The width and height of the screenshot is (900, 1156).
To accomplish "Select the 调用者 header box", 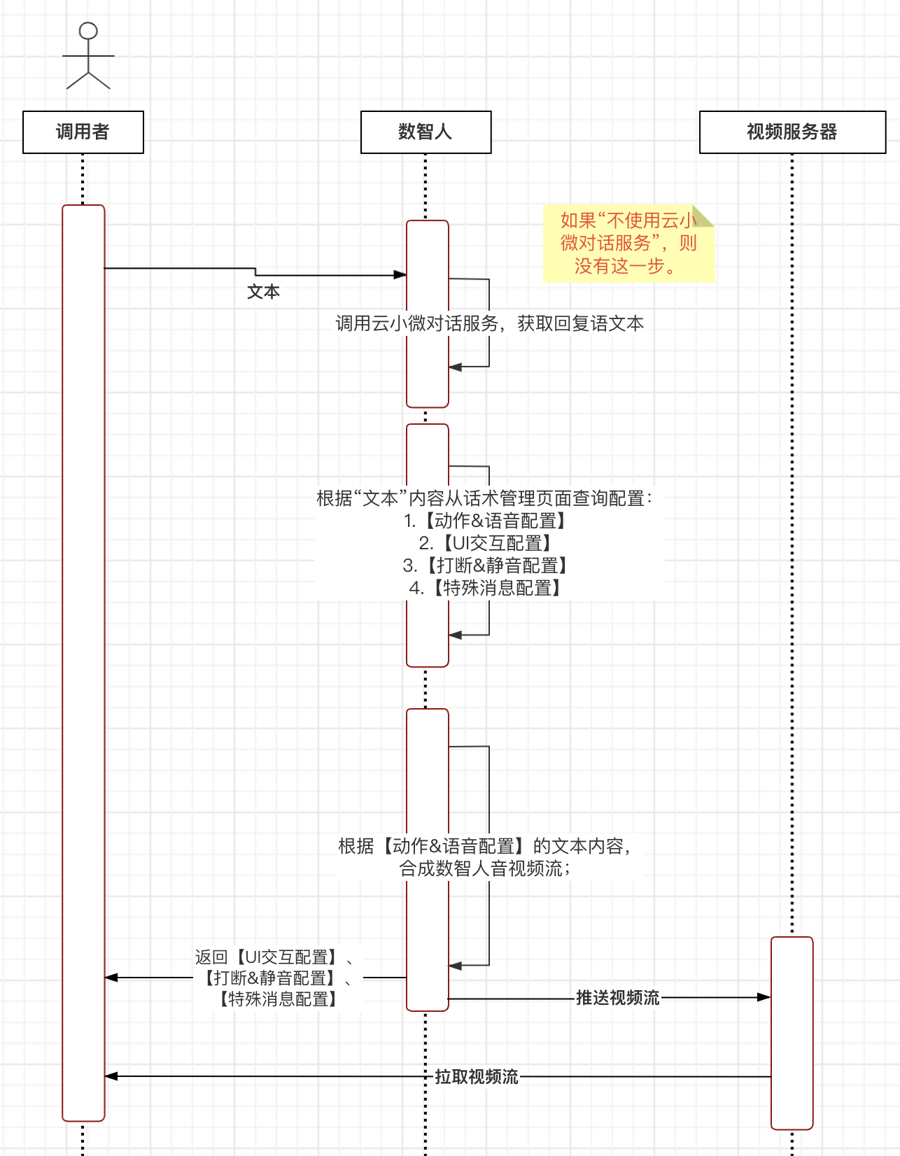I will [x=83, y=132].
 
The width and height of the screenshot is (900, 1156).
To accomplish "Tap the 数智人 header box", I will [x=426, y=132].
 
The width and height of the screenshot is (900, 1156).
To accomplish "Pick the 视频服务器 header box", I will [x=792, y=132].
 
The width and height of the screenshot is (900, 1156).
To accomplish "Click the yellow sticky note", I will [x=628, y=244].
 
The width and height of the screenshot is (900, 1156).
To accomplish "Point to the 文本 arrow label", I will [x=263, y=292].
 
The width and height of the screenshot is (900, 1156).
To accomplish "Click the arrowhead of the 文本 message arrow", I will [x=400, y=275].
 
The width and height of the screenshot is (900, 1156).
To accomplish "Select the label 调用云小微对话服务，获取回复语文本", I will [x=489, y=323].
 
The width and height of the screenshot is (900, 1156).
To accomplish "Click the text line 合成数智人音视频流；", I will [x=484, y=869].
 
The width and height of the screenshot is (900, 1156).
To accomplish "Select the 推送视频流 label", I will [x=617, y=998].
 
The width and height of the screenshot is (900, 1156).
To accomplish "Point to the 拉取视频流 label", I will [x=477, y=1076].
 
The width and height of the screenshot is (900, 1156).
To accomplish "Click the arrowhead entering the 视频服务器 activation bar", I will [x=764, y=997].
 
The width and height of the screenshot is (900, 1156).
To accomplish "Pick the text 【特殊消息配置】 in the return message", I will [x=279, y=999].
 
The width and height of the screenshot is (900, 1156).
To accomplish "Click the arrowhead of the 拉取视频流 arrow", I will [x=111, y=1076].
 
